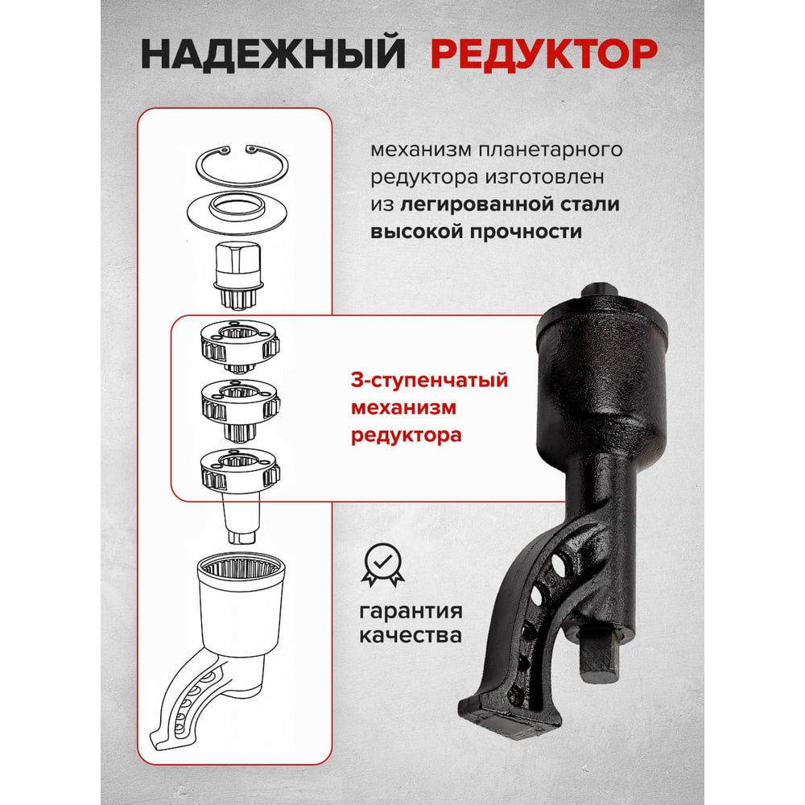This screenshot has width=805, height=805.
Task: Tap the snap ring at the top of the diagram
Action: click(242, 166)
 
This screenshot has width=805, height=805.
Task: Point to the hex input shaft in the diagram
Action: click(238, 275)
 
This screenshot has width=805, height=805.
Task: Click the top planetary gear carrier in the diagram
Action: click(239, 346)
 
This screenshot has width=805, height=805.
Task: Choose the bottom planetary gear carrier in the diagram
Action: click(240, 471)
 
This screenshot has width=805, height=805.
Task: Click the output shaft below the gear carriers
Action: click(241, 518)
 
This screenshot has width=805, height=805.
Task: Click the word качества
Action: click(411, 636)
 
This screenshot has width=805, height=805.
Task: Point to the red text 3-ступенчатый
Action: click(430, 381)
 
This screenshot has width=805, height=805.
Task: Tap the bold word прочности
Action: click(526, 232)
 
